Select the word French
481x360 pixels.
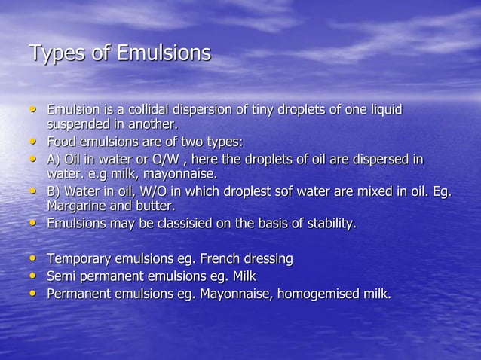pyautogui.click(x=225, y=259)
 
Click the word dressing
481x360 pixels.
pyautogui.click(x=270, y=259)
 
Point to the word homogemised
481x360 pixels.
pyautogui.click(x=321, y=294)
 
